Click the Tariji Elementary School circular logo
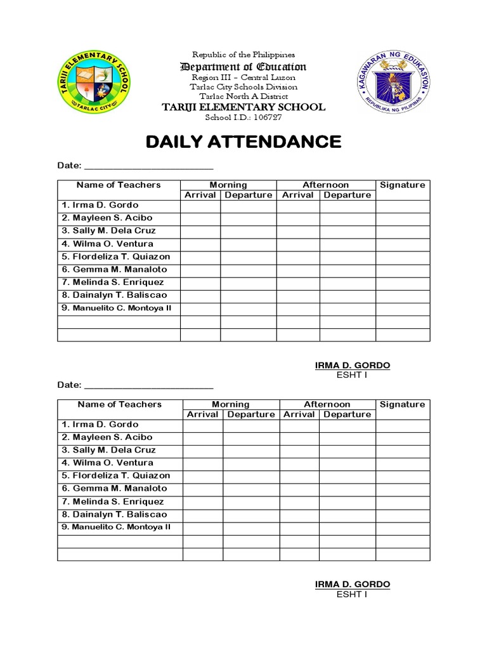pyautogui.click(x=93, y=82)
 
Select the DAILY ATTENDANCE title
pyautogui.click(x=243, y=142)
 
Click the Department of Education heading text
pyautogui.click(x=243, y=67)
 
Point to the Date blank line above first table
pyautogui.click(x=148, y=166)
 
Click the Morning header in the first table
pyautogui.click(x=228, y=185)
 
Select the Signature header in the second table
pyautogui.click(x=402, y=404)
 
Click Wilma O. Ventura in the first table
pyautogui.click(x=107, y=244)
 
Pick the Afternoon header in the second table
pyautogui.click(x=327, y=404)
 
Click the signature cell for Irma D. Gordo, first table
pyautogui.click(x=402, y=206)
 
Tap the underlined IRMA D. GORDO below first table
pyautogui.click(x=353, y=366)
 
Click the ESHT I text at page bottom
pyautogui.click(x=352, y=594)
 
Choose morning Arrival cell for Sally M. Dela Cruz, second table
pyautogui.click(x=202, y=450)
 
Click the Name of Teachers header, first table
pyautogui.click(x=119, y=185)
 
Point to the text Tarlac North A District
pyautogui.click(x=243, y=96)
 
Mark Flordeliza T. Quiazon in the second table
pyautogui.click(x=115, y=475)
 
